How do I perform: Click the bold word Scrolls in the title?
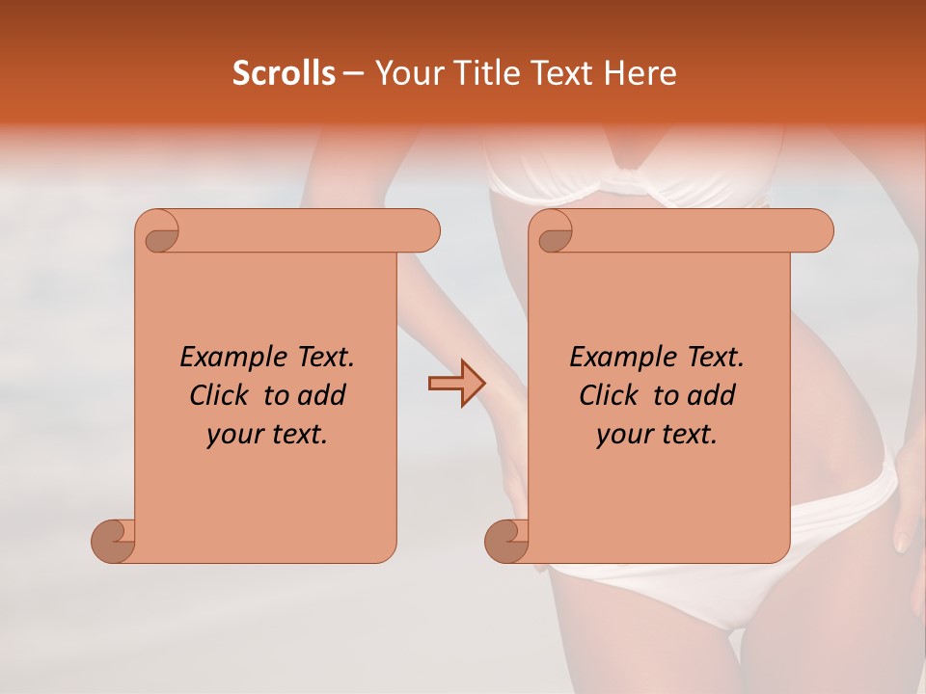coord(284,73)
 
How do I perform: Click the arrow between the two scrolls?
coord(456,383)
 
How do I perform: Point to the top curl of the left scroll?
coord(160,232)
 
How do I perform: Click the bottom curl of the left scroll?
coord(114,541)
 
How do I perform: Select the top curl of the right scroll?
coord(554,232)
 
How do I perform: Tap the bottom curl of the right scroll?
coord(507,541)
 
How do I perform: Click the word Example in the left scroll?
coord(229,358)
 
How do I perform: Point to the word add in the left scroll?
coord(321,395)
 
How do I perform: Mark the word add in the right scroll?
coord(713,395)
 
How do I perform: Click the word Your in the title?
coord(406,73)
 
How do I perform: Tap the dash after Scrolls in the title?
coord(353,74)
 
